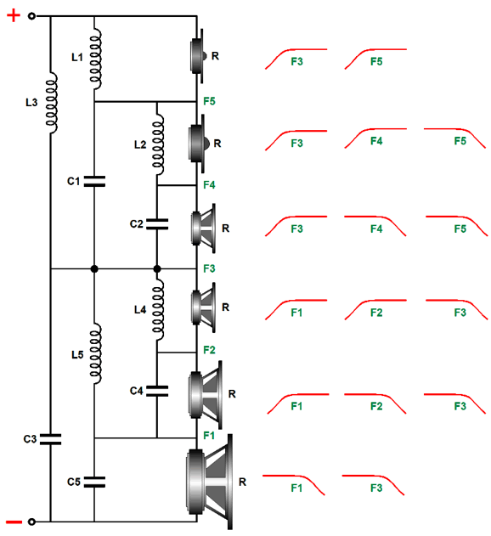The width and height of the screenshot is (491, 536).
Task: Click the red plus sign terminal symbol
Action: (x=14, y=16)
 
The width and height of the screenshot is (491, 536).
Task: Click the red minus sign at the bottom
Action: (x=14, y=522)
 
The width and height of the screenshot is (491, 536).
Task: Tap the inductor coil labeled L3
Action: (x=52, y=103)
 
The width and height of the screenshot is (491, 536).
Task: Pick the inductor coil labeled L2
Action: (x=158, y=144)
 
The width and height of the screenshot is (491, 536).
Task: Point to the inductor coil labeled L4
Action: (x=158, y=309)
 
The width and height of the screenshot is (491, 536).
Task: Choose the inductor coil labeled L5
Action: (x=96, y=353)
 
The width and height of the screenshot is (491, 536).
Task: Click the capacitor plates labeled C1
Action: (x=94, y=181)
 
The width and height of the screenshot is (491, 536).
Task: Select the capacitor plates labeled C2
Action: (x=157, y=224)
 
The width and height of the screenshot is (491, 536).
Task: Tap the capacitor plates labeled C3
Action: (x=51, y=439)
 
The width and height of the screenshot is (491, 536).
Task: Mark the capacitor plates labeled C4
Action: (x=157, y=391)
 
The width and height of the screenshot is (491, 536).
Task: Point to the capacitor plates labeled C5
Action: (x=94, y=482)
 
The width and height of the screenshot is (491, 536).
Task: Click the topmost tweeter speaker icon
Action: (x=198, y=56)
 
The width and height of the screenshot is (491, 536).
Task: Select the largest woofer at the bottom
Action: (x=210, y=482)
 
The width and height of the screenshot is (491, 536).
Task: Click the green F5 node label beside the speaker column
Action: (x=209, y=101)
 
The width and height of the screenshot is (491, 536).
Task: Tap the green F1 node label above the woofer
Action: (x=209, y=436)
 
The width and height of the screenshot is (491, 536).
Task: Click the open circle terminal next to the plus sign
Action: (x=31, y=16)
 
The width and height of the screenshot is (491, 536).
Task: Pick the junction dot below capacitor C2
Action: (x=157, y=269)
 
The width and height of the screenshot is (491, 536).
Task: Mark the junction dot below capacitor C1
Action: (x=94, y=269)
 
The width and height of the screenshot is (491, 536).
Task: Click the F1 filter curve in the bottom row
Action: (x=293, y=484)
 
